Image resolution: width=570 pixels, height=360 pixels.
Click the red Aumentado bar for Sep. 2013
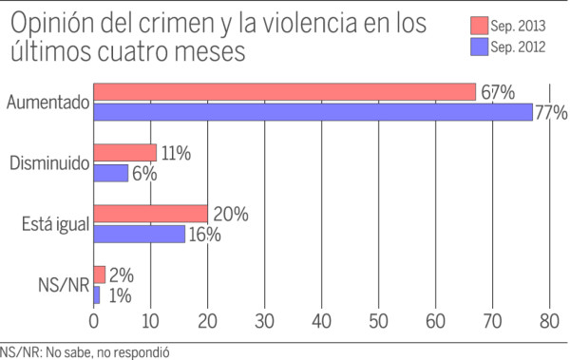tap(284, 92)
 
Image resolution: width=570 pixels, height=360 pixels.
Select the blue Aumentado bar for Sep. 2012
tap(313, 112)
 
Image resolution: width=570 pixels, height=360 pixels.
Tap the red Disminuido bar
tap(124, 153)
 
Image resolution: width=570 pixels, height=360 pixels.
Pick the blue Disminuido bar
tap(110, 173)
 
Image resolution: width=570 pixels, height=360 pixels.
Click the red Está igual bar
tap(150, 214)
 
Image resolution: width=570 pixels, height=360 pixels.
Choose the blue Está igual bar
tap(139, 234)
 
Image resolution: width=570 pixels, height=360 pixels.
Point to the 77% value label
tap(551, 113)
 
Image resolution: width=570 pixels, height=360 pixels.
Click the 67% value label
tap(496, 92)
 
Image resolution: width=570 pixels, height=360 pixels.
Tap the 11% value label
tap(177, 153)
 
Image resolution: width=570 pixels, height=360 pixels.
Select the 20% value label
tap(229, 214)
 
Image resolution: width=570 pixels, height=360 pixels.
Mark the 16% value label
tap(203, 234)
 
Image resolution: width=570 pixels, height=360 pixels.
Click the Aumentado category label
tap(47, 103)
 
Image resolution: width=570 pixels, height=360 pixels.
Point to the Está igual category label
tap(55, 224)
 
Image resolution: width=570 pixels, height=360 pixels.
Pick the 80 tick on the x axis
tap(550, 319)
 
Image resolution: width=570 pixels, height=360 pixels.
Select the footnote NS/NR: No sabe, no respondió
tap(90, 351)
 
